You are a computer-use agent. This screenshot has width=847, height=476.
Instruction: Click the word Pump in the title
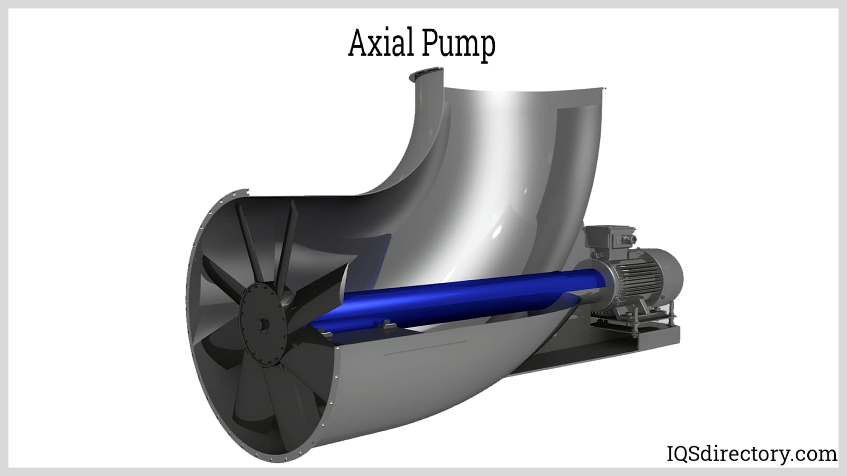coord(458,46)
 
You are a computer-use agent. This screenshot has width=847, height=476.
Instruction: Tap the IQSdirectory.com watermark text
coord(752,454)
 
